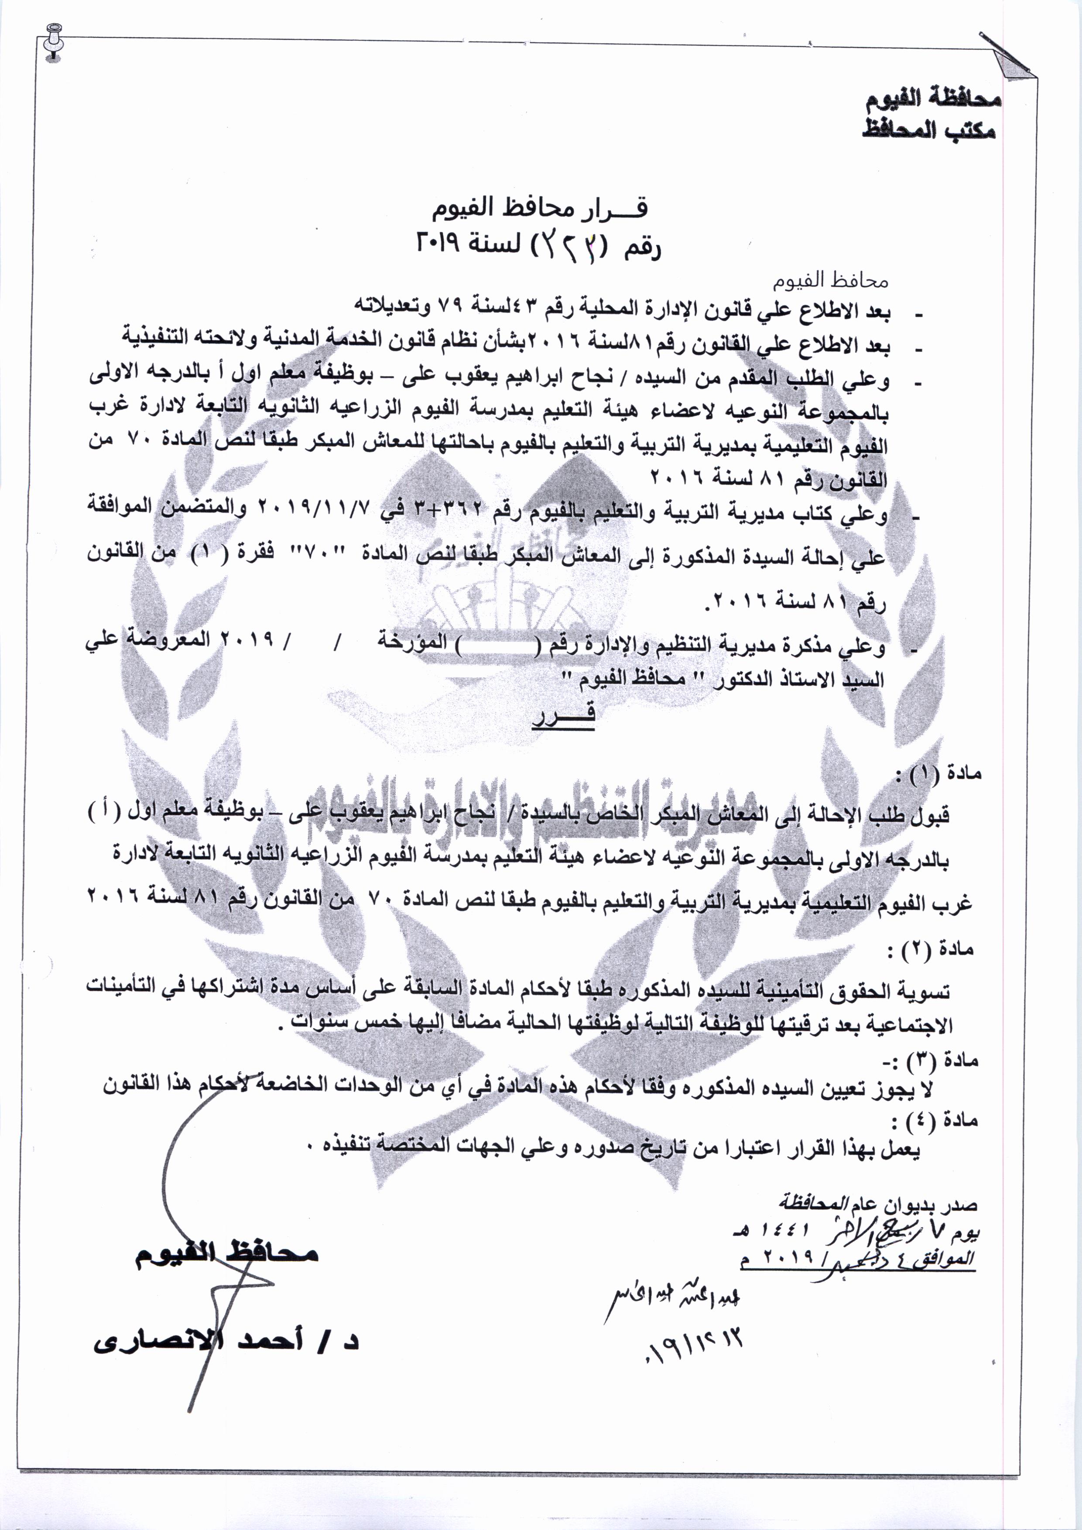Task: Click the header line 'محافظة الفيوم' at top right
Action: pyautogui.click(x=933, y=101)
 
